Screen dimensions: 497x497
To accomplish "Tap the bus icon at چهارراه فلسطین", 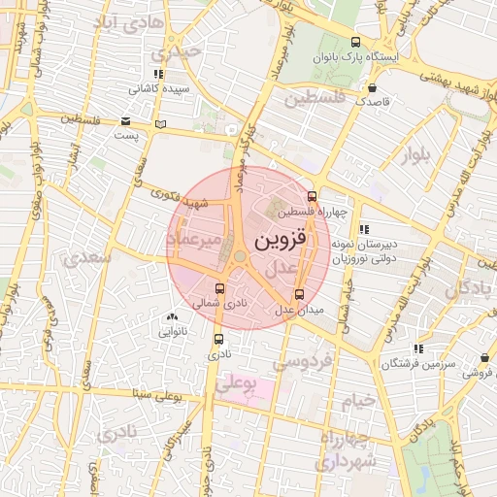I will pos(312,195).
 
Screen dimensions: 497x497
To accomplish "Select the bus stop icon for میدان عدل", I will pos(298,294).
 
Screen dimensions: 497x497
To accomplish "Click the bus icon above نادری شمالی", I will pos(219,288).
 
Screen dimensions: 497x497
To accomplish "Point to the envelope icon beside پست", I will pos(127,121).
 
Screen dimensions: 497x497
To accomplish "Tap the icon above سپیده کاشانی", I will pos(159,73).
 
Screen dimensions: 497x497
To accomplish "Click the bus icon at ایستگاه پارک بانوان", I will pos(356,43).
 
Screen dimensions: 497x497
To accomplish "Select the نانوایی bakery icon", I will pos(173,316).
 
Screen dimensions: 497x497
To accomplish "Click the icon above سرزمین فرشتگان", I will pos(418,348).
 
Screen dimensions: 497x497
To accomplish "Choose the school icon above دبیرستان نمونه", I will pos(364,230).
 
